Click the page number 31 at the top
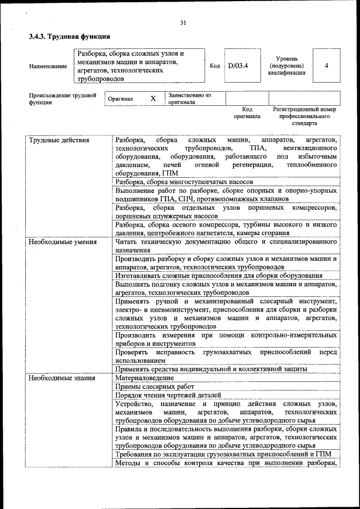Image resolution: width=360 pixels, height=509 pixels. [x=183, y=23]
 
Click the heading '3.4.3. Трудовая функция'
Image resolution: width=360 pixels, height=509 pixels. [x=69, y=37]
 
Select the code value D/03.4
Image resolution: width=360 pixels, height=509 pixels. [x=238, y=66]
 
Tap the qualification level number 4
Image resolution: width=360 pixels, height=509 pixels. [x=326, y=66]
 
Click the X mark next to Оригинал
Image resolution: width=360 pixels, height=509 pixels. [x=153, y=98]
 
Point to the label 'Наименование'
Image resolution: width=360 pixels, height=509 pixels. [x=48, y=66]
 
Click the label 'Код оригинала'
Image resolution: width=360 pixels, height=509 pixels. [x=247, y=112]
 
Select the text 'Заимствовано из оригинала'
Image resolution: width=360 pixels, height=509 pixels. [x=189, y=98]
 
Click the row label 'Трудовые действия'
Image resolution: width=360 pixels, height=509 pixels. [x=59, y=139]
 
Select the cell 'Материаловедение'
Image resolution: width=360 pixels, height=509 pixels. [x=145, y=378]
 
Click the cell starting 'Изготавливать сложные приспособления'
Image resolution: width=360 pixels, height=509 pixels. [x=218, y=276]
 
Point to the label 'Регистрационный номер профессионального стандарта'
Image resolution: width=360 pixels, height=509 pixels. [x=304, y=115]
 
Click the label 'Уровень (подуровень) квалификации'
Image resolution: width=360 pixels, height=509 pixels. [x=291, y=66]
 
